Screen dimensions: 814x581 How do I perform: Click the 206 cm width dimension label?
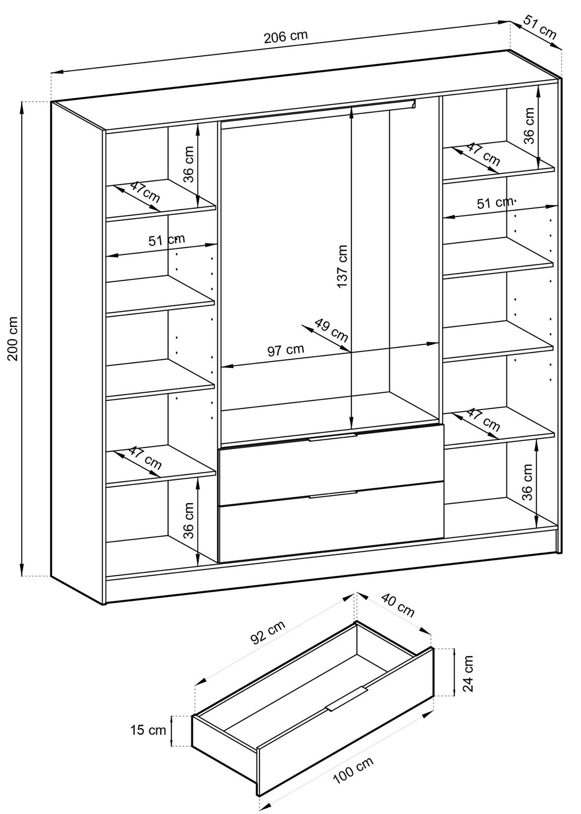click(286, 37)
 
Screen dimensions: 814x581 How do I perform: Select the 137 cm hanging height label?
click(342, 266)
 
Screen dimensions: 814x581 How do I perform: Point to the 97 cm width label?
click(286, 350)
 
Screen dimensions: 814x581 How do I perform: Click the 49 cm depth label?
click(331, 330)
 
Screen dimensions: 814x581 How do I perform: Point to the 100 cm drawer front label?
click(353, 773)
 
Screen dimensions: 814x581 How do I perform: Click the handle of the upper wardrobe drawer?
click(333, 437)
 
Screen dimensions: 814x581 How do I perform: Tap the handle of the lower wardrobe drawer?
click(333, 494)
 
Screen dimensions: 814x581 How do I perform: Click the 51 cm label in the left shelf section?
click(167, 240)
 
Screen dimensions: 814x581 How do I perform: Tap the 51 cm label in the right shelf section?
click(494, 203)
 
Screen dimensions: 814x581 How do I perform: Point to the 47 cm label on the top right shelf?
click(483, 154)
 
